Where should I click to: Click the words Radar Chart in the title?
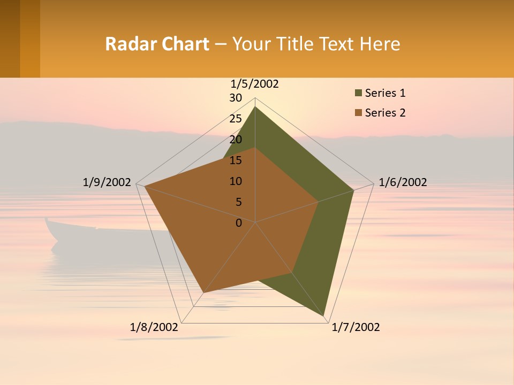click(x=157, y=44)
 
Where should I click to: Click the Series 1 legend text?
click(x=385, y=93)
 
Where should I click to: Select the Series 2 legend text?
click(x=385, y=113)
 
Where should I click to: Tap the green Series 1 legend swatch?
click(x=357, y=94)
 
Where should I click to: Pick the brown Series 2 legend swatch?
click(x=357, y=113)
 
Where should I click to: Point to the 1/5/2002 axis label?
click(x=254, y=84)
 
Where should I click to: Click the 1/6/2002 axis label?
click(x=403, y=182)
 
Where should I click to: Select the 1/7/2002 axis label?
click(x=356, y=327)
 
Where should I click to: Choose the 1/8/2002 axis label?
click(x=154, y=327)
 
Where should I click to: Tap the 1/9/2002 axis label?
click(x=107, y=182)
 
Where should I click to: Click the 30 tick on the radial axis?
click(x=236, y=98)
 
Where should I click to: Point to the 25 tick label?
click(x=236, y=119)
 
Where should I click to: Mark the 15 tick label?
click(x=236, y=160)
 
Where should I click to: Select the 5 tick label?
click(x=239, y=202)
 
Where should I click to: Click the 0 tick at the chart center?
click(x=239, y=223)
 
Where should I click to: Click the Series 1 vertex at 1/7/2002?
click(x=324, y=316)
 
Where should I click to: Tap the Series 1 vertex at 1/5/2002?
click(x=255, y=107)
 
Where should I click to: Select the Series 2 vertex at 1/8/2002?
click(x=203, y=292)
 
